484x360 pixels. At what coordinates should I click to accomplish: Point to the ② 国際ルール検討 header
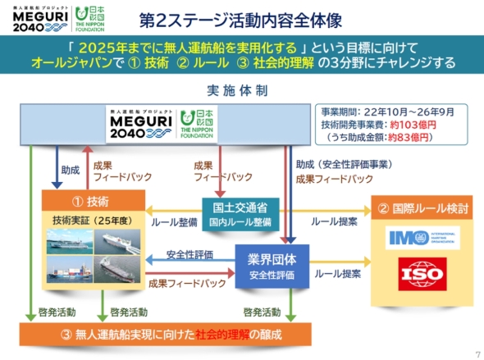(x=421, y=208)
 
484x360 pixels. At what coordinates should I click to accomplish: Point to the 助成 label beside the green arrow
(x=71, y=171)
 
